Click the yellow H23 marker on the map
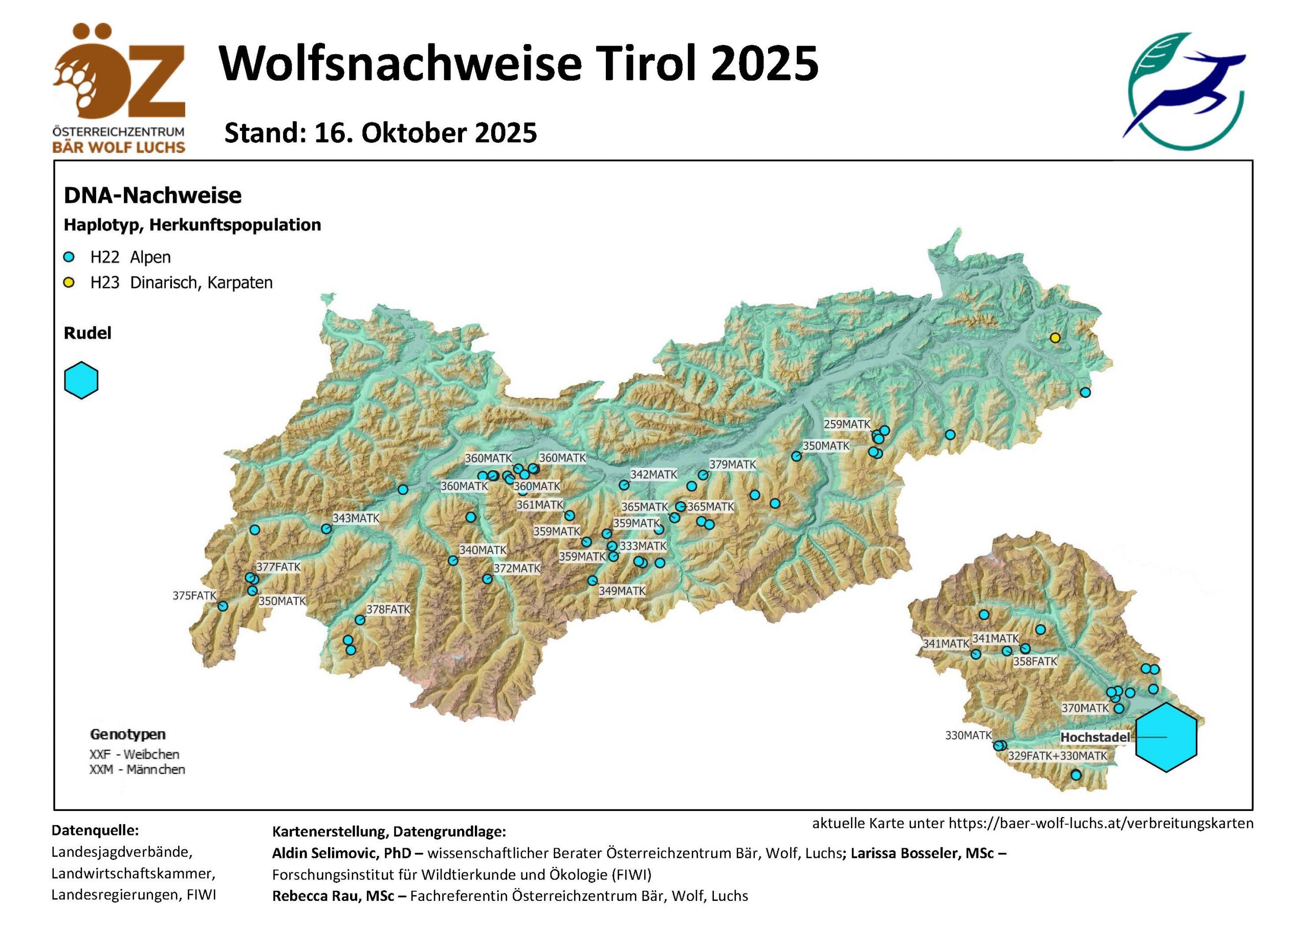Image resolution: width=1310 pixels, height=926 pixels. point(1055,338)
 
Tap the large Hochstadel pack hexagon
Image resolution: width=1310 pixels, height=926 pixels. point(1166,737)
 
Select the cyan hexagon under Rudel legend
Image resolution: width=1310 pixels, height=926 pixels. point(81,380)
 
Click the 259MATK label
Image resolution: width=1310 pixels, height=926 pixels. point(847,425)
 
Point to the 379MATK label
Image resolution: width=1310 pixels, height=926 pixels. point(732,465)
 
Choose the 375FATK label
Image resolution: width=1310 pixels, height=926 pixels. point(194,596)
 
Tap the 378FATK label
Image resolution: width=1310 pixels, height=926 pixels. point(388,609)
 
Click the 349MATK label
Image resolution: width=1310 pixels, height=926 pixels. point(622,591)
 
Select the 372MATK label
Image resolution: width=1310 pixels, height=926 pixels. point(517,568)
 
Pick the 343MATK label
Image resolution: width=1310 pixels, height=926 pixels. point(356,518)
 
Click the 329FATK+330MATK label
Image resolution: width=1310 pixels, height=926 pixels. point(1057,756)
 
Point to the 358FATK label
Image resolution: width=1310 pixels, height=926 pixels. point(1035,662)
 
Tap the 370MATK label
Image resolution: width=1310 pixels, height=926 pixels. point(1085,708)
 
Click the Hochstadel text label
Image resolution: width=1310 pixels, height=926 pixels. point(1095,737)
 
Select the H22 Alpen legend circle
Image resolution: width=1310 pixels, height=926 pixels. point(69,257)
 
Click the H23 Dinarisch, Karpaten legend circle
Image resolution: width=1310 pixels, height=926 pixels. point(69,283)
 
